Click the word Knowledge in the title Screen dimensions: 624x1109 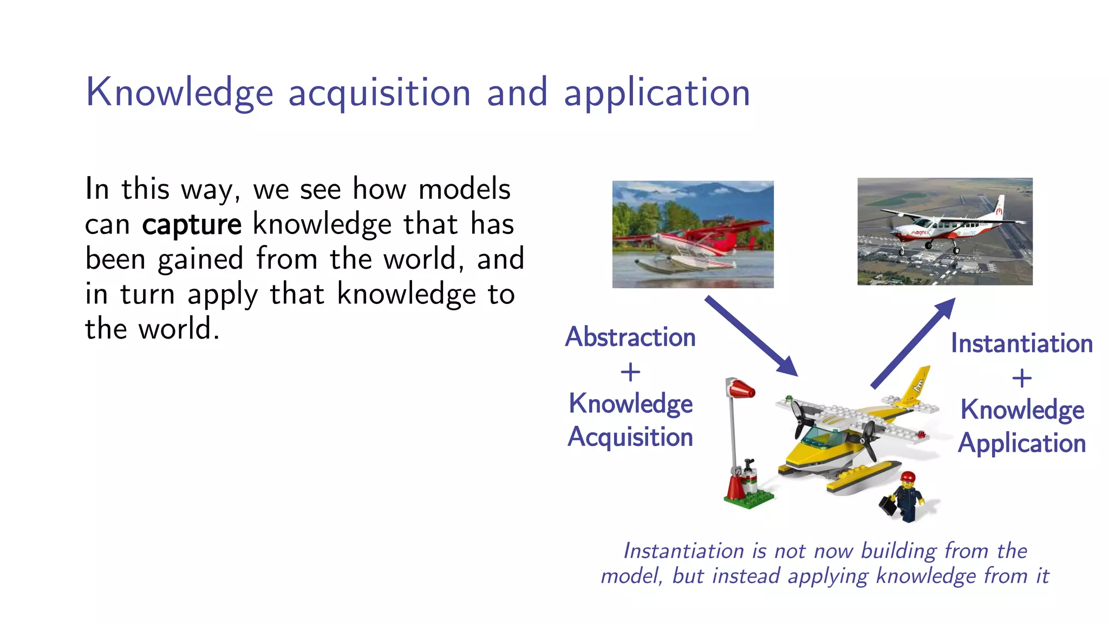(179, 93)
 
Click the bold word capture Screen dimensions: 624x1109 (191, 224)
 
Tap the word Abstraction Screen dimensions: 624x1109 (630, 337)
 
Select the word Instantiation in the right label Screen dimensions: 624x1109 (1022, 343)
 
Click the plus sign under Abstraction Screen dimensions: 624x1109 (630, 372)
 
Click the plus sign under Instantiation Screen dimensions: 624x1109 (1022, 378)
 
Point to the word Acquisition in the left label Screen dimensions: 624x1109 (630, 437)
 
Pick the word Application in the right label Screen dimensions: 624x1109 (1022, 444)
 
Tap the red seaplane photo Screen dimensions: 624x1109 (693, 235)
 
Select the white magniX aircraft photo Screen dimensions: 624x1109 (944, 231)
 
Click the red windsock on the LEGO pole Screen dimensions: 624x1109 (741, 389)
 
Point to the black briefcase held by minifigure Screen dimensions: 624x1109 (888, 505)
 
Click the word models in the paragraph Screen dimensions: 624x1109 (464, 189)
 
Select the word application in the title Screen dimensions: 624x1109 (657, 93)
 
